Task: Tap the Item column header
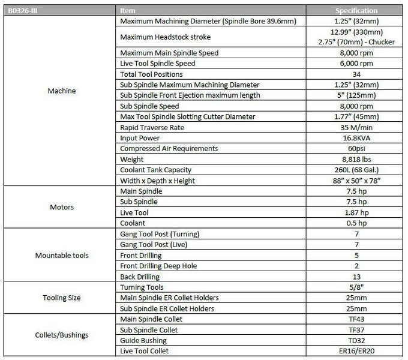pos(128,10)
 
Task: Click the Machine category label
pos(60,92)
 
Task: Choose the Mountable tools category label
pos(60,256)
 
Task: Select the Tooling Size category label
pos(60,298)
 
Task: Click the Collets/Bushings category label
pos(60,334)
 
